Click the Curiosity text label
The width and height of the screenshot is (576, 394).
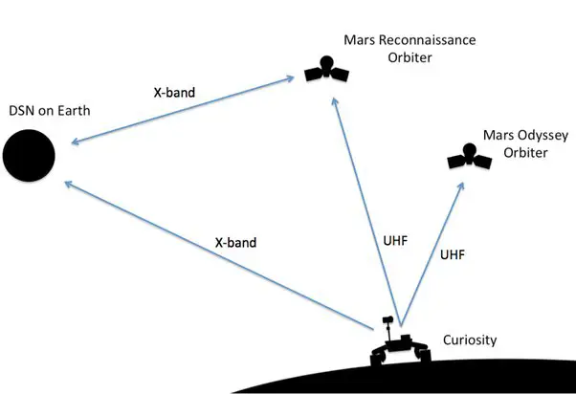470,340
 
